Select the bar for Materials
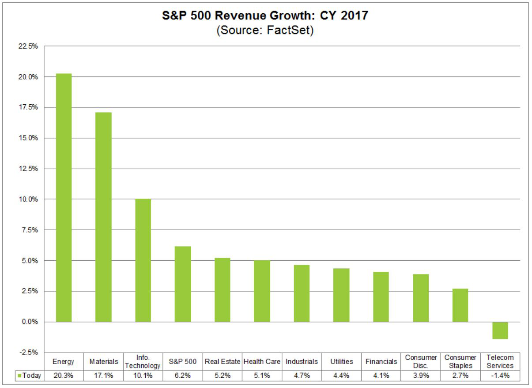click(x=103, y=217)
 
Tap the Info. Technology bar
click(x=143, y=260)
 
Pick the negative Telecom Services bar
click(x=500, y=331)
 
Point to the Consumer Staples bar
click(x=460, y=305)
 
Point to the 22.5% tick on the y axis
click(x=27, y=46)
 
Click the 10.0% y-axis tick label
click(x=27, y=199)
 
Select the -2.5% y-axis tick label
click(x=27, y=353)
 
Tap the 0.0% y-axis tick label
click(x=28, y=322)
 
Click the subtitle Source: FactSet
click(x=265, y=31)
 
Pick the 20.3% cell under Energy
click(x=64, y=376)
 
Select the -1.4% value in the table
click(x=500, y=376)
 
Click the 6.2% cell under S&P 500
click(x=183, y=376)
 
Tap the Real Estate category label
click(x=223, y=361)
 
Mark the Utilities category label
click(x=342, y=361)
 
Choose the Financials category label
click(x=381, y=361)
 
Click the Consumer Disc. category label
click(x=421, y=361)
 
